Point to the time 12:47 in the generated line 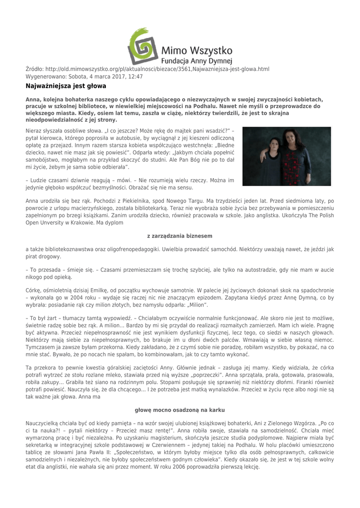135,77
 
